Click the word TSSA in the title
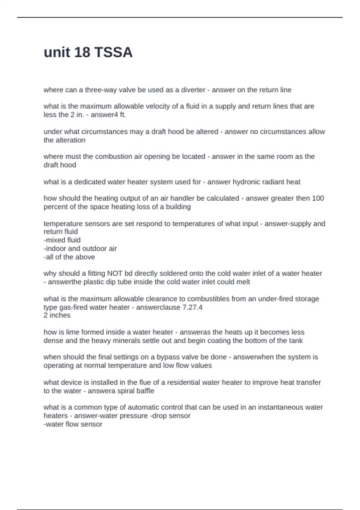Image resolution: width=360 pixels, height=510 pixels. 113,52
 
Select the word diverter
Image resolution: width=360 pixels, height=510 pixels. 193,90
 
